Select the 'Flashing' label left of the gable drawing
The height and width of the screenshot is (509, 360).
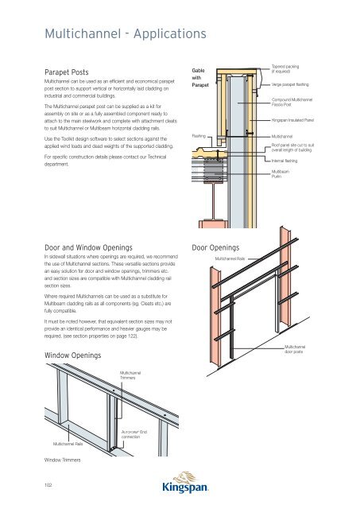pyautogui.click(x=199, y=136)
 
